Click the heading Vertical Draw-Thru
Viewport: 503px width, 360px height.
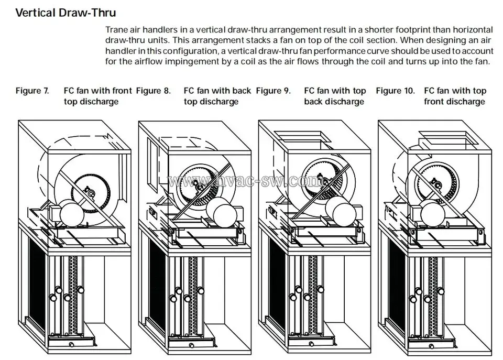65,12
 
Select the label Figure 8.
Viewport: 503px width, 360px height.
153,91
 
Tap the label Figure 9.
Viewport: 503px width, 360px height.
273,91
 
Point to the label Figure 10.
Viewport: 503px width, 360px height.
395,91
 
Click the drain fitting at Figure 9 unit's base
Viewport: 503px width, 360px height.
311,344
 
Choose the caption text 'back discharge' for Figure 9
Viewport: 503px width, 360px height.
334,101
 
